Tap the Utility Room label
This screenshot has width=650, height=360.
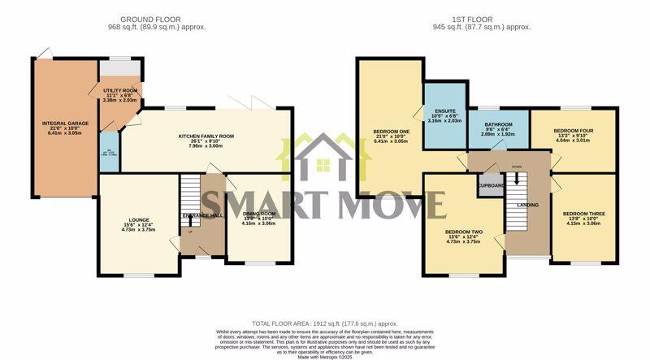[119, 90]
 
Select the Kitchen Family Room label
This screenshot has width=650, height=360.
[206, 137]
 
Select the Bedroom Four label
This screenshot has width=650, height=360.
[574, 130]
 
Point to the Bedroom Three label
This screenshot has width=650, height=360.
[583, 214]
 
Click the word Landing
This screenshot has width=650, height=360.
[529, 205]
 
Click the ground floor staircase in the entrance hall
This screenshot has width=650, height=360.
[188, 195]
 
